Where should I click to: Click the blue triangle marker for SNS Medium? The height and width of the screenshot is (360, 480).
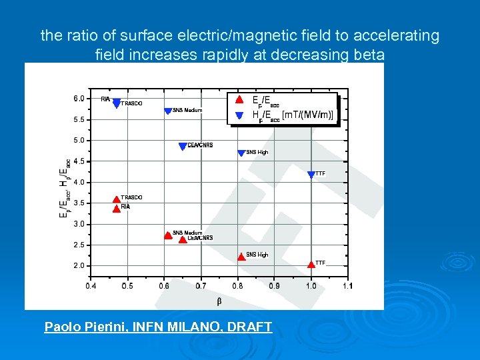168,111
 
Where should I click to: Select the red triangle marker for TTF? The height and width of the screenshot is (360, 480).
311,264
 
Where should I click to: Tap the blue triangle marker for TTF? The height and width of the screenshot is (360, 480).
311,175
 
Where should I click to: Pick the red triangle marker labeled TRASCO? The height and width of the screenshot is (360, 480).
117,199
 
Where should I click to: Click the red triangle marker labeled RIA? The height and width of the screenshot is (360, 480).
117,209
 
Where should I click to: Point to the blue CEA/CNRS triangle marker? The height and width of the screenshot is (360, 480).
183,147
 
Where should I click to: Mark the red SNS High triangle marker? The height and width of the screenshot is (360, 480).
241,256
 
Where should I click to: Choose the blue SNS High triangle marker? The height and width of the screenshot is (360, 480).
241,153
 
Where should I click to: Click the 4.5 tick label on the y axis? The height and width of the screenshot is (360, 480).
79,161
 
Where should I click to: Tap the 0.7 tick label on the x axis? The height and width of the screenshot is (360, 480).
201,286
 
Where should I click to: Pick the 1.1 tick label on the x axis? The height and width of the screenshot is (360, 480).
347,286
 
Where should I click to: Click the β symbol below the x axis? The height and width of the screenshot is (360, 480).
219,301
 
